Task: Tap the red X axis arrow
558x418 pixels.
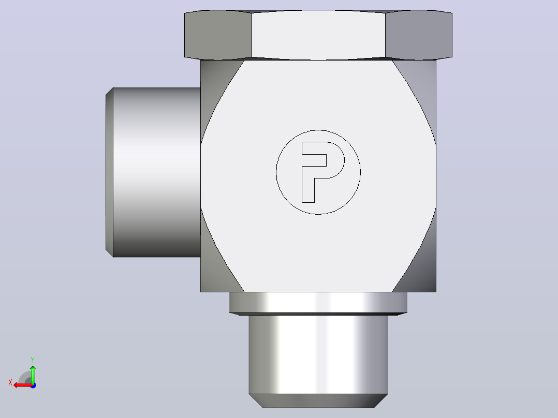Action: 23,385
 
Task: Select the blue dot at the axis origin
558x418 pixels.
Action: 33,385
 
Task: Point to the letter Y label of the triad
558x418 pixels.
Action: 33,360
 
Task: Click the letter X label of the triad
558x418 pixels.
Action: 10,382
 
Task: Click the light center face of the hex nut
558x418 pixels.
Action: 318,35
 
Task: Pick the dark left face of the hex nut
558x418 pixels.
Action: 218,35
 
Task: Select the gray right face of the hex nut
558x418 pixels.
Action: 419,35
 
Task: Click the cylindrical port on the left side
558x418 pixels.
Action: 156,172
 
